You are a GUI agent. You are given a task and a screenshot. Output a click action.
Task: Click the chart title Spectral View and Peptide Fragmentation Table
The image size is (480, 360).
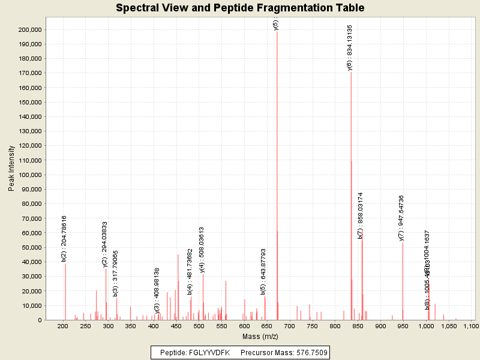[240, 8]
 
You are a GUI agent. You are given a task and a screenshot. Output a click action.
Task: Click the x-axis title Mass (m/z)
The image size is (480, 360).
[260, 337]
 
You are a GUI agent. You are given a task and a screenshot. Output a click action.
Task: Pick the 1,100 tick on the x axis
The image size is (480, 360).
[471, 326]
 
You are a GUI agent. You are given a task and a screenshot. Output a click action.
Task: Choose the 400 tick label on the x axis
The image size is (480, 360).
[154, 326]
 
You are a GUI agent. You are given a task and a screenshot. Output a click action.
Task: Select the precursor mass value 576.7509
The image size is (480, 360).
[313, 352]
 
